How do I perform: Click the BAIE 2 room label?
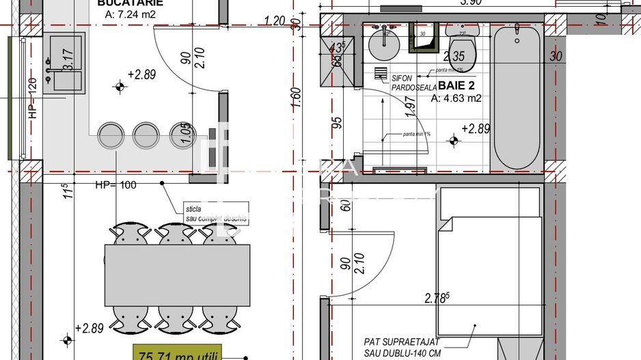[457, 86]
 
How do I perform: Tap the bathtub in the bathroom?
[517, 97]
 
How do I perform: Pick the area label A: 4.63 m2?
[456, 98]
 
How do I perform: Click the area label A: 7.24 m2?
[130, 14]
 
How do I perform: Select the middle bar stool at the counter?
[146, 135]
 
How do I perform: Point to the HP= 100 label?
[116, 184]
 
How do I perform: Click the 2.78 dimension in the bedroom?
[437, 298]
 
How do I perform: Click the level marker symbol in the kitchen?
[120, 87]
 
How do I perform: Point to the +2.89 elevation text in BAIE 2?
[476, 128]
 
